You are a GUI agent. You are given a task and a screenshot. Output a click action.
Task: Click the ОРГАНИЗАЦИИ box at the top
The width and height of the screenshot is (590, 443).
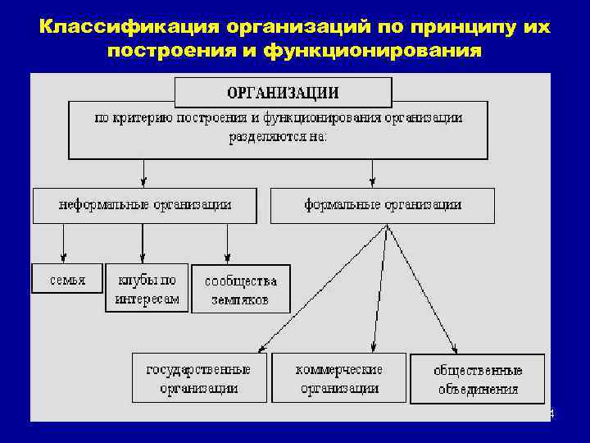[283, 92]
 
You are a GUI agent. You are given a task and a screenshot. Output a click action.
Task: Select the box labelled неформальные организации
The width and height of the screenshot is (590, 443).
[144, 205]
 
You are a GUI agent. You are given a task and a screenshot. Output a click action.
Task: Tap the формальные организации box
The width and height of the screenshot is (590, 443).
[383, 205]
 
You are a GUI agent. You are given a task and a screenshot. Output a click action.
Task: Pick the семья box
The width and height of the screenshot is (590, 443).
[67, 279]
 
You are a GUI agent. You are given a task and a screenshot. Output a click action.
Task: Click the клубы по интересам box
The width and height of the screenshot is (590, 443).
[147, 287]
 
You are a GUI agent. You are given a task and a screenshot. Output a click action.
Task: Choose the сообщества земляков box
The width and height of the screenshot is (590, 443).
[241, 289]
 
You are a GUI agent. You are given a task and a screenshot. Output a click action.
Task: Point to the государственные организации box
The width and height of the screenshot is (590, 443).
[199, 377]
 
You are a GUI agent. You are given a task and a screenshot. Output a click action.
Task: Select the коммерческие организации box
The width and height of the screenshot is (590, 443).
[339, 377]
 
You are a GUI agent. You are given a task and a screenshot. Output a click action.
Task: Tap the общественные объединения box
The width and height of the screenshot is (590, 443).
[478, 379]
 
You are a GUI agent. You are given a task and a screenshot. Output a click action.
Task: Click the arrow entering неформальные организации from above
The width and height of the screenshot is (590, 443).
[144, 172]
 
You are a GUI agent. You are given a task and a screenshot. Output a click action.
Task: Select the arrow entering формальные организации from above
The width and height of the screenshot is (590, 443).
[373, 172]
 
